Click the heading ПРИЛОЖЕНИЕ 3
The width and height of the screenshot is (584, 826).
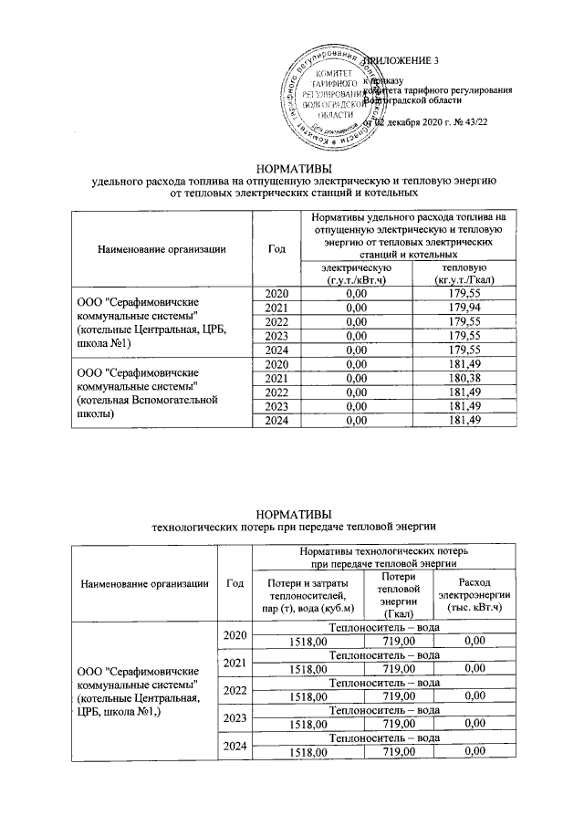click(x=401, y=61)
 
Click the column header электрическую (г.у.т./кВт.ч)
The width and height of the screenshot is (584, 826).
click(x=355, y=273)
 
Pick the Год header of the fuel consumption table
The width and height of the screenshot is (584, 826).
click(x=276, y=247)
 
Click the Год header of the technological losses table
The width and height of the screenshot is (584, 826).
click(x=234, y=583)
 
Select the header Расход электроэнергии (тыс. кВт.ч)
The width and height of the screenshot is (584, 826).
click(x=469, y=596)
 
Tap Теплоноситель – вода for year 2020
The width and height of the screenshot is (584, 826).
click(x=384, y=628)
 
